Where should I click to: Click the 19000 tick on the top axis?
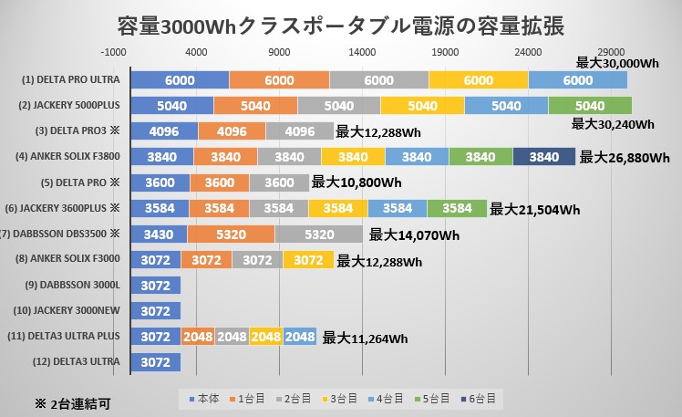pyautogui.click(x=445, y=52)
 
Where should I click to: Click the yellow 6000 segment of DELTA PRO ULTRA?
pyautogui.click(x=478, y=79)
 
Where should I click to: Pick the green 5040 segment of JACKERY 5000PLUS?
pyautogui.click(x=590, y=105)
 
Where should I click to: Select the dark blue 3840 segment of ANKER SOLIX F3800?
pyautogui.click(x=543, y=157)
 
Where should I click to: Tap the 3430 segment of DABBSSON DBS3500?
pyautogui.click(x=159, y=234)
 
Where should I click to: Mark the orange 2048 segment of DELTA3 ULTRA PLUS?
pyautogui.click(x=197, y=337)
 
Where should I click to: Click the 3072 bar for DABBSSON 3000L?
pyautogui.click(x=156, y=286)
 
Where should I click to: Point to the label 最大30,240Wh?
pyautogui.click(x=612, y=123)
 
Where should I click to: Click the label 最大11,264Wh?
pyautogui.click(x=365, y=338)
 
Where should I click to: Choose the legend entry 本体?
pyautogui.click(x=201, y=399)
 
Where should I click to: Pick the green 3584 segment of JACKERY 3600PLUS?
pyautogui.click(x=457, y=208)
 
